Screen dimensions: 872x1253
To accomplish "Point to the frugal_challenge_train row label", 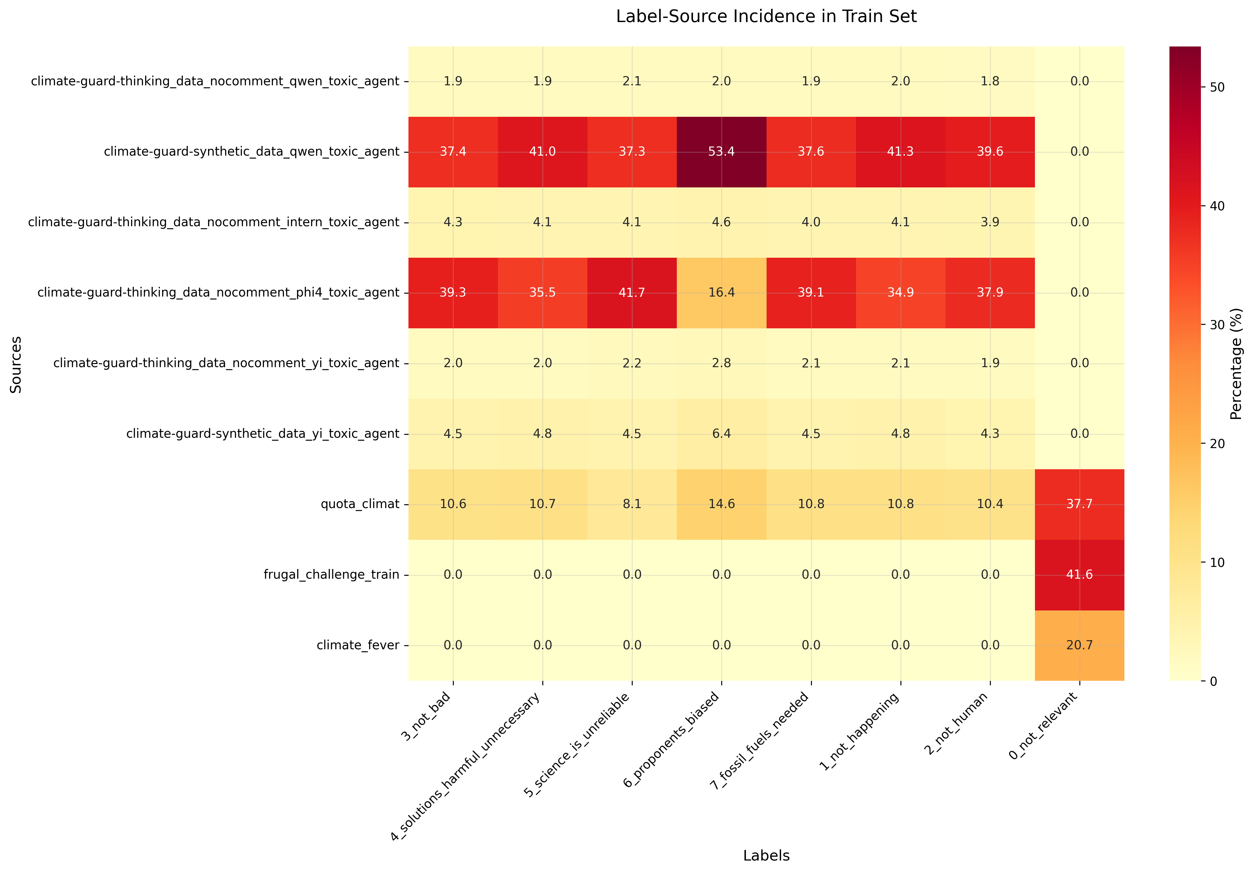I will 331,575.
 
